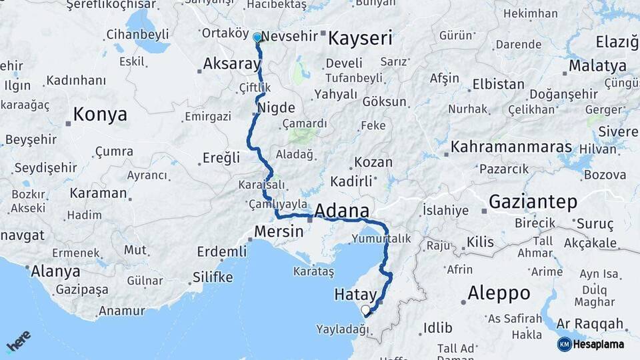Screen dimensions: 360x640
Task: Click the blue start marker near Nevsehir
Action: [257, 37]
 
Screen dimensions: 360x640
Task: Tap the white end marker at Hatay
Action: [365, 310]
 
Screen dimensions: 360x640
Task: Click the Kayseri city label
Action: [359, 38]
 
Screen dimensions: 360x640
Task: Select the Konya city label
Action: [100, 115]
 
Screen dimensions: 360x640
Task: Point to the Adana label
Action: [341, 211]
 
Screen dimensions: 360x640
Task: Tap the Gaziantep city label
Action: [533, 201]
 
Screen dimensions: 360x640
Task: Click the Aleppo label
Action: [499, 293]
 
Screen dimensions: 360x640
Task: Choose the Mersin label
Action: [275, 231]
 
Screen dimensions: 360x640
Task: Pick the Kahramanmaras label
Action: [511, 147]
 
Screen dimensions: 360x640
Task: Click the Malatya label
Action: [599, 66]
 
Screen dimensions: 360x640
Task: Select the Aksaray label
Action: [231, 64]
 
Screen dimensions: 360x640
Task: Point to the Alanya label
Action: [56, 271]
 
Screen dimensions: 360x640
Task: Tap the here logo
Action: [18, 341]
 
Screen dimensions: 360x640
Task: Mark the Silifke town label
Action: [212, 277]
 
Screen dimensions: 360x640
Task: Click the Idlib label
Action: [437, 328]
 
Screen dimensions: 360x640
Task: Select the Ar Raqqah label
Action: [589, 324]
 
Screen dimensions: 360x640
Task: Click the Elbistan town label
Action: [498, 85]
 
